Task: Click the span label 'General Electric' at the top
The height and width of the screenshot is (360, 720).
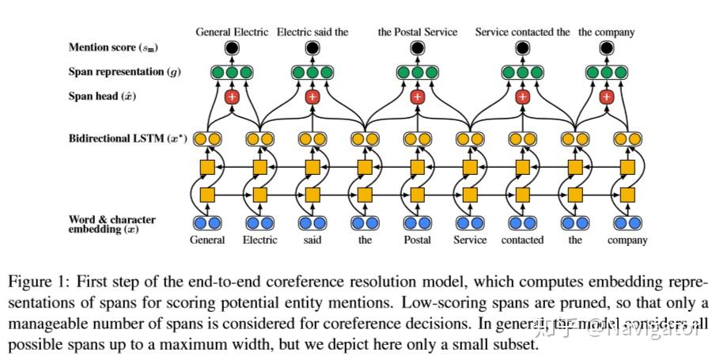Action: click(x=233, y=32)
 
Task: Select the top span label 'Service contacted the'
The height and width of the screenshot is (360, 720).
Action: click(x=522, y=32)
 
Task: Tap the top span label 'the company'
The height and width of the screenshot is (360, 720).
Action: click(x=606, y=32)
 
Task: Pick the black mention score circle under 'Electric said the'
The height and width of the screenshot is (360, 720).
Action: click(x=312, y=49)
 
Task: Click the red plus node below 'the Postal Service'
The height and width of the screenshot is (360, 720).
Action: click(x=418, y=97)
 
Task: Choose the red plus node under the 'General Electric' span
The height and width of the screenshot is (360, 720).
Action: click(x=232, y=97)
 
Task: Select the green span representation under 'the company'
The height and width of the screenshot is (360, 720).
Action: click(x=606, y=73)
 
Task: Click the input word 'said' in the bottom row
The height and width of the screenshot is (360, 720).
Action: click(x=312, y=240)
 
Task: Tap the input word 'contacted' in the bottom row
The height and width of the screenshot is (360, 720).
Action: click(x=522, y=240)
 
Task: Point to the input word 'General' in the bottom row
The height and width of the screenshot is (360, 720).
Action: click(x=207, y=240)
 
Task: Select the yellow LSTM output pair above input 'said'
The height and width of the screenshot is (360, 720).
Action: click(x=312, y=139)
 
